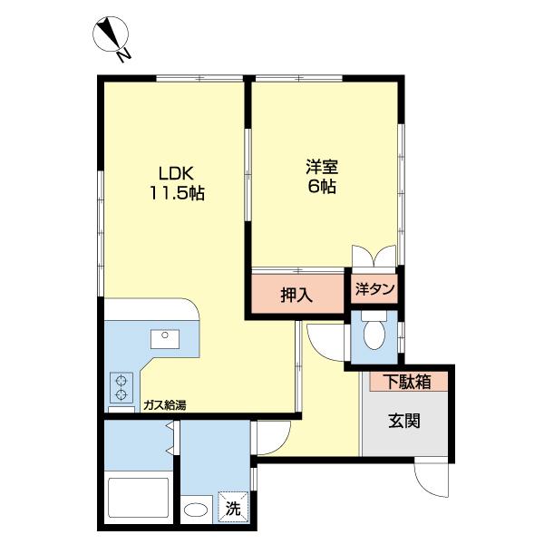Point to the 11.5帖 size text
point(177,193)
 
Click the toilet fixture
point(373,335)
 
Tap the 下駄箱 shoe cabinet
point(405,382)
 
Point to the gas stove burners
point(121,387)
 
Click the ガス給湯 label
point(164,405)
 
